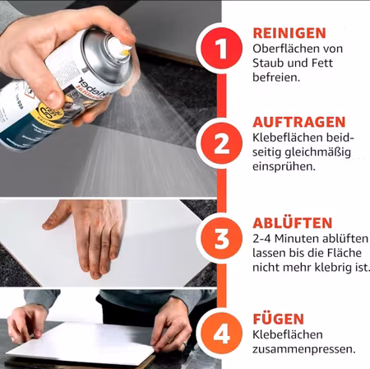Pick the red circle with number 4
coord(221,334)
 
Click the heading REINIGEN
coord(288,33)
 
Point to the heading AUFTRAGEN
coord(294,122)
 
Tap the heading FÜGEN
coord(278,318)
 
